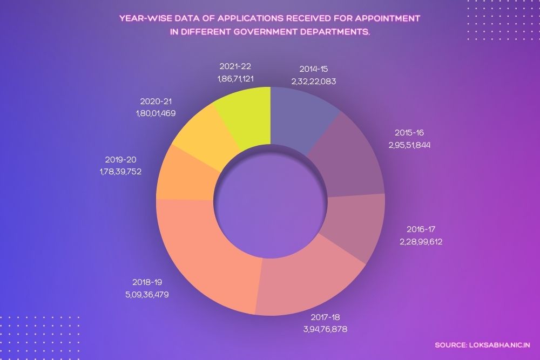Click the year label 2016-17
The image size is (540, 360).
pos(421,229)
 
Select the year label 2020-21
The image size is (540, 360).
pos(156,101)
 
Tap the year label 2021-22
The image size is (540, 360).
pos(235,67)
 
